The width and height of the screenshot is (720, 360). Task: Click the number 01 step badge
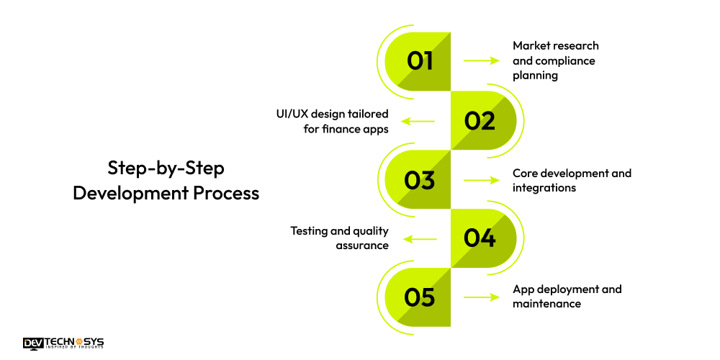pos(419,61)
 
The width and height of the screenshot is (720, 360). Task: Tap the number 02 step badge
pos(481,120)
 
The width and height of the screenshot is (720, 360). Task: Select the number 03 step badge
pos(419,179)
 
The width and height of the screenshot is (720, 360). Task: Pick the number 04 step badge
pos(481,238)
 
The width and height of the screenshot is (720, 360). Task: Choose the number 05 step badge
pos(419,297)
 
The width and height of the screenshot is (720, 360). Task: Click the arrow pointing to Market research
pos(482,61)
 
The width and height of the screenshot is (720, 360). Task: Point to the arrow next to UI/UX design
pos(418,121)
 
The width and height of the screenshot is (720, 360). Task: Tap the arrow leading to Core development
pos(482,180)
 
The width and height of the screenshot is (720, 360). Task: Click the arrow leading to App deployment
pos(482,297)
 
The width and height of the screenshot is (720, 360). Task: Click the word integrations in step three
pos(544,188)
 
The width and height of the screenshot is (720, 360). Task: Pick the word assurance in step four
pos(362,246)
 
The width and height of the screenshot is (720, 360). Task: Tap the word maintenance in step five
pos(546,304)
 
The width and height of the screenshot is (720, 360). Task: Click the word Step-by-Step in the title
pos(166,168)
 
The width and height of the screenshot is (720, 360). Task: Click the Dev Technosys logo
pos(63,343)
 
